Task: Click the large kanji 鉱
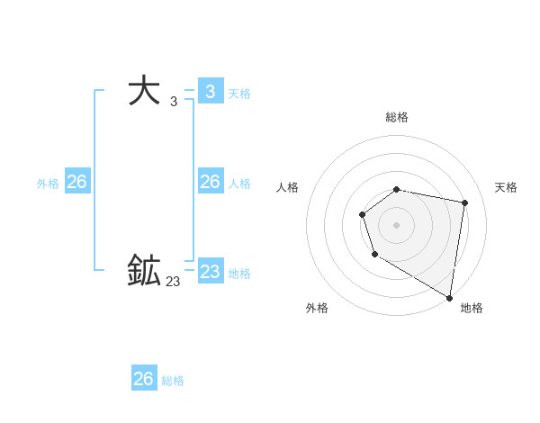144,270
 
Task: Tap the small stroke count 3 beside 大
173,102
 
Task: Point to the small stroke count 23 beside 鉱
173,282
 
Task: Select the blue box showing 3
210,91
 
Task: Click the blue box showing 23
210,271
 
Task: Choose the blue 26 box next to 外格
76,182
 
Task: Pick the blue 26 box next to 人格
210,182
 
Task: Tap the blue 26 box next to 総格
143,378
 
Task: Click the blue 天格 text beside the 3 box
239,93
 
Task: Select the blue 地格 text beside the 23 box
239,273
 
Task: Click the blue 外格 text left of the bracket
48,184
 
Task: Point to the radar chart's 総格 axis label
397,117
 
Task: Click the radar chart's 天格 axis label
507,187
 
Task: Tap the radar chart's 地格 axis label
472,308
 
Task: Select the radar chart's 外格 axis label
317,308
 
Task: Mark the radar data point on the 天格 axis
464,202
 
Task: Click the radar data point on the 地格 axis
449,297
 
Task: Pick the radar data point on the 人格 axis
362,214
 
